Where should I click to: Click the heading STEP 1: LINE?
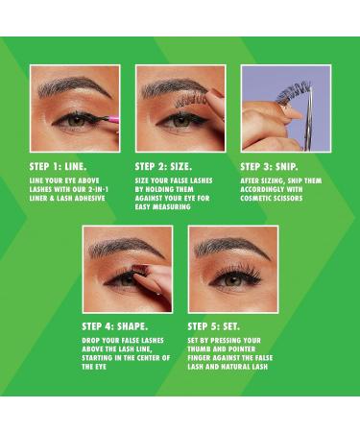pyautogui.click(x=59, y=167)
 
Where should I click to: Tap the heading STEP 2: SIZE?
pyautogui.click(x=163, y=167)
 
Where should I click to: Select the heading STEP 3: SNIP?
pyautogui.click(x=270, y=167)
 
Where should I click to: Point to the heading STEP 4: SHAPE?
pyautogui.click(x=115, y=326)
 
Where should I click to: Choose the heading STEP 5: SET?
pyautogui.click(x=214, y=326)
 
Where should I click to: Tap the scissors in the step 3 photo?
pyautogui.click(x=308, y=117)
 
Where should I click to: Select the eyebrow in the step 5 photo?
pyautogui.click(x=231, y=247)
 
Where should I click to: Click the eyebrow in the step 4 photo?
pyautogui.click(x=126, y=247)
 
